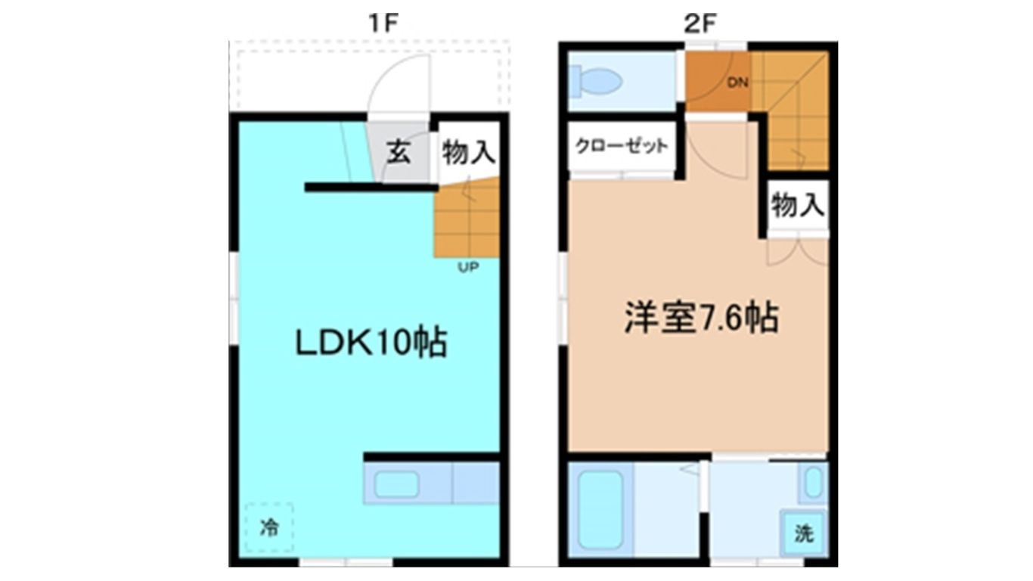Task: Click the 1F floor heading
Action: pos(383,23)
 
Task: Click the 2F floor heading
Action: pos(699,23)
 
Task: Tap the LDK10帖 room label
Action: pos(371,343)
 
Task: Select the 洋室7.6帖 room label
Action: pos(702,318)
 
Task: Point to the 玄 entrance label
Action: pos(399,152)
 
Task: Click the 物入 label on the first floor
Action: pos(469,153)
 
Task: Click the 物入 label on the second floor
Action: pos(798,205)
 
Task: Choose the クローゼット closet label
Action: pos(622,146)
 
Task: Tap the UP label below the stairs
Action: pos(468,267)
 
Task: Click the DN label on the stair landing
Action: pos(737,83)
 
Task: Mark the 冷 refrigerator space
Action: pos(269,527)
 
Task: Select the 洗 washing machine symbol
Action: pos(804,533)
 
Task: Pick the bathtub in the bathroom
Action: pos(601,510)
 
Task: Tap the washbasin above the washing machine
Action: pos(813,483)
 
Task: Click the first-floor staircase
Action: pos(467,217)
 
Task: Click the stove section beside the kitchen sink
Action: pos(476,483)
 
